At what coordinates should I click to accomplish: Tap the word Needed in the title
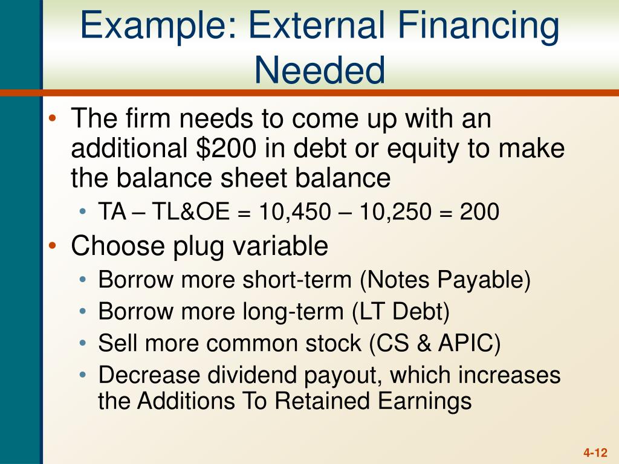coord(319,70)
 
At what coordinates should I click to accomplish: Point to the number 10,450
coord(295,212)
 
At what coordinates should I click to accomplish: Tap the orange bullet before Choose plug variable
coord(54,246)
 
